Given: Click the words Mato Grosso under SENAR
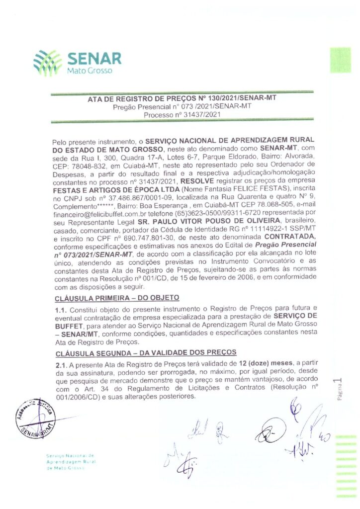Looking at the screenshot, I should pyautogui.click(x=90, y=71).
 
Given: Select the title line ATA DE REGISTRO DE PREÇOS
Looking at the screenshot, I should pyautogui.click(x=182, y=98).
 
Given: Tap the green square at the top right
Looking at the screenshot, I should pyautogui.click(x=341, y=60).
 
